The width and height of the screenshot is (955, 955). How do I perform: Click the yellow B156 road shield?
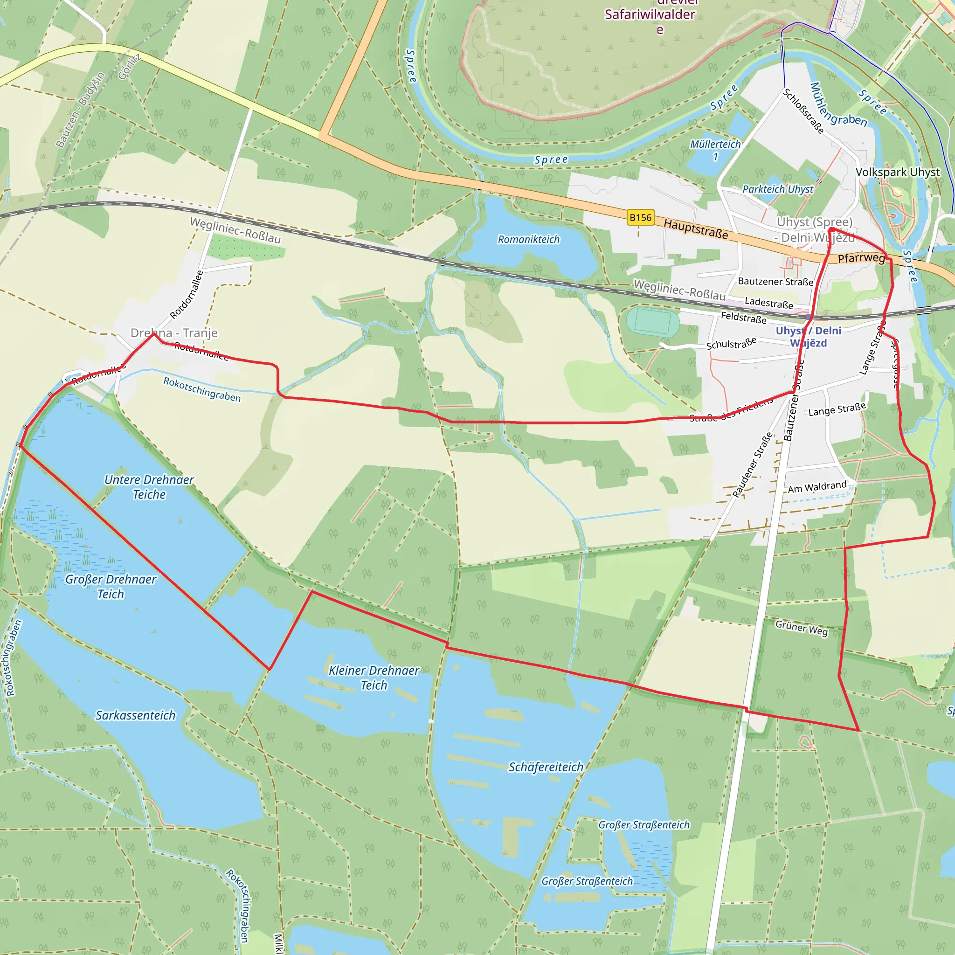tap(640, 217)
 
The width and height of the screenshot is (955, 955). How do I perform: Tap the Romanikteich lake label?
tap(528, 239)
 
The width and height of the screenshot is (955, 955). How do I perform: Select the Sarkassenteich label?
tap(135, 715)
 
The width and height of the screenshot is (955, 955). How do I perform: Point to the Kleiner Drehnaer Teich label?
tap(374, 678)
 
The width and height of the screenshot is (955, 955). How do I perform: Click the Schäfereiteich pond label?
tap(546, 767)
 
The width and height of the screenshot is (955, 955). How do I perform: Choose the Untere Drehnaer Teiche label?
tap(149, 487)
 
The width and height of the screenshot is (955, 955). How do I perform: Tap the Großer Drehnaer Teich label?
tap(110, 586)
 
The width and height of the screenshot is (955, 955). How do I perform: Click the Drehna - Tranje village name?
tap(174, 332)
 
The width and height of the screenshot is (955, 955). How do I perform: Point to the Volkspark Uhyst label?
tap(898, 172)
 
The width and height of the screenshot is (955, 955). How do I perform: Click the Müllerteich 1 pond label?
tap(715, 150)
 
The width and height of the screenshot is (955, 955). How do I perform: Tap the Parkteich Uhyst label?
tap(777, 189)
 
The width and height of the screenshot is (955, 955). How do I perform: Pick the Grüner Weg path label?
tap(801, 628)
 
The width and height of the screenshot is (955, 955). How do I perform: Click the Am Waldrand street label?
tap(817, 486)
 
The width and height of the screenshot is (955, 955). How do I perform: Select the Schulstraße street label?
tap(731, 344)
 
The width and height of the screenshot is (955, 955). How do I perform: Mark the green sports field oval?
tap(652, 321)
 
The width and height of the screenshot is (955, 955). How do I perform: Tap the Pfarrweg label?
tap(861, 258)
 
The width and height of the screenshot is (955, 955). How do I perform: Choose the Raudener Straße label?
tap(752, 465)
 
